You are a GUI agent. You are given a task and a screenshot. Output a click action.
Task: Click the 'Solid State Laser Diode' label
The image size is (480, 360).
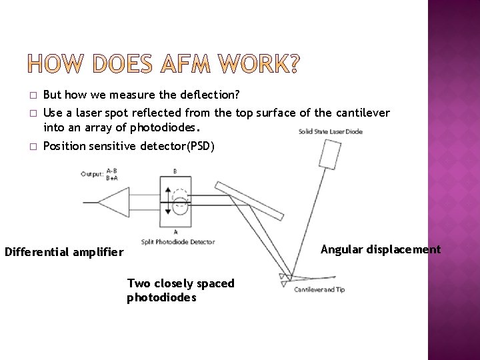(x=331, y=131)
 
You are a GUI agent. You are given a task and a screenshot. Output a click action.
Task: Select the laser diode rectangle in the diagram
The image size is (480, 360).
(x=330, y=155)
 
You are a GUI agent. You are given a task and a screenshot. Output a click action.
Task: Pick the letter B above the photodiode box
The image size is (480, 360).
(x=175, y=171)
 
